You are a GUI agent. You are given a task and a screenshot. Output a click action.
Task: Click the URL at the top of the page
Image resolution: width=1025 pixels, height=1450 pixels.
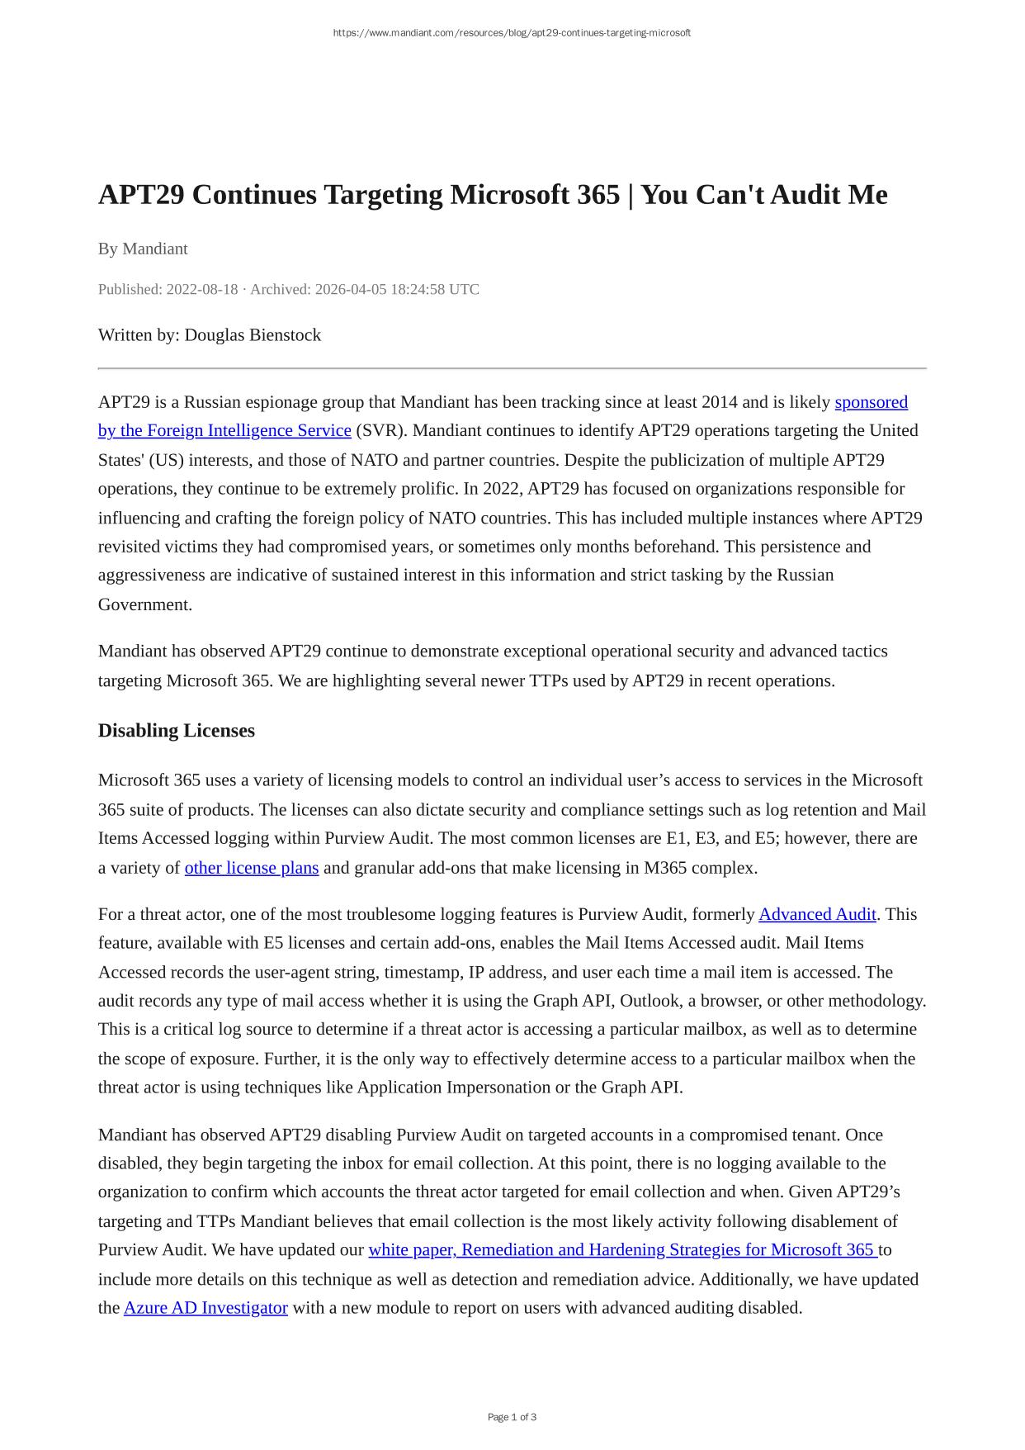click(512, 33)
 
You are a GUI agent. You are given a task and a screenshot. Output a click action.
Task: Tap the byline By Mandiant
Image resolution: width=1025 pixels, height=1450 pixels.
click(143, 249)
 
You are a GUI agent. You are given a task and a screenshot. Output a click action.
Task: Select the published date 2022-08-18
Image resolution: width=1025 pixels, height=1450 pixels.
click(201, 289)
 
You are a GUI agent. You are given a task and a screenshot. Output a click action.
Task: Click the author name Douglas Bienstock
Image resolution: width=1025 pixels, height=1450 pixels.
click(253, 334)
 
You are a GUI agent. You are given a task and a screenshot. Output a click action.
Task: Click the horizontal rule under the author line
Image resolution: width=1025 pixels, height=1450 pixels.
click(512, 368)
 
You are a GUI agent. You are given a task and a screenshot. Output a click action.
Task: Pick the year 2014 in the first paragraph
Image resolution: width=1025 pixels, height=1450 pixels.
click(720, 402)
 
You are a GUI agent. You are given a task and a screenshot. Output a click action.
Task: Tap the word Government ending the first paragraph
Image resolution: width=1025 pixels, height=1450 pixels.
click(144, 604)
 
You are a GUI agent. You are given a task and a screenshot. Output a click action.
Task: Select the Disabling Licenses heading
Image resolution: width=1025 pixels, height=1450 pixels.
click(177, 731)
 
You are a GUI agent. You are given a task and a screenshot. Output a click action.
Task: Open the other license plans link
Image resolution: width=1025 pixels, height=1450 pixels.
click(252, 867)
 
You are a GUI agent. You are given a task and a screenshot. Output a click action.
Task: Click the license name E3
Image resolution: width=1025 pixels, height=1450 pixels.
click(706, 838)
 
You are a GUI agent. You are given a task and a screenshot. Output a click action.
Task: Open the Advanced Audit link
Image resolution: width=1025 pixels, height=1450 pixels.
click(817, 914)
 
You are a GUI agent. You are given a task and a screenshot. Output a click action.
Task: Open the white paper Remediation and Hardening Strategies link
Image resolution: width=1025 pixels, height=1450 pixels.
click(622, 1249)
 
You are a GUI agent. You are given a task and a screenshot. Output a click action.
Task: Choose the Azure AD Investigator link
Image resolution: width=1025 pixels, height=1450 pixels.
click(205, 1307)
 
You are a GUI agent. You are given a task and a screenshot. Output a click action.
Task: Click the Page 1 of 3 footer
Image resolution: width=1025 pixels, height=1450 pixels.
click(512, 1417)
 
